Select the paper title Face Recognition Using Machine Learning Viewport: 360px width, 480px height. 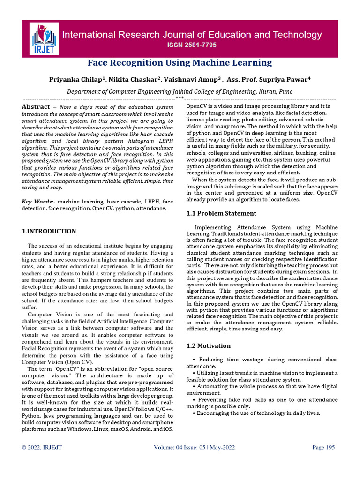[x=180, y=63]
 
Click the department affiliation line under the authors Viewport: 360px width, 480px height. [x=180, y=92]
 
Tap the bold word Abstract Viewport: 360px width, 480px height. [x=36, y=107]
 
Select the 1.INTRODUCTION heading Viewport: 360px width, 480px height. [x=49, y=231]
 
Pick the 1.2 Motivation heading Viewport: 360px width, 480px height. [x=209, y=346]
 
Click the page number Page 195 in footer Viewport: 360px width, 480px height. [x=323, y=448]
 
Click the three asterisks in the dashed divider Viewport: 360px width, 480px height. [x=180, y=98]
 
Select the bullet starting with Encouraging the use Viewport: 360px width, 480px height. [x=257, y=413]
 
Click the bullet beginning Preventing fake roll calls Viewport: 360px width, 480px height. [x=264, y=400]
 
